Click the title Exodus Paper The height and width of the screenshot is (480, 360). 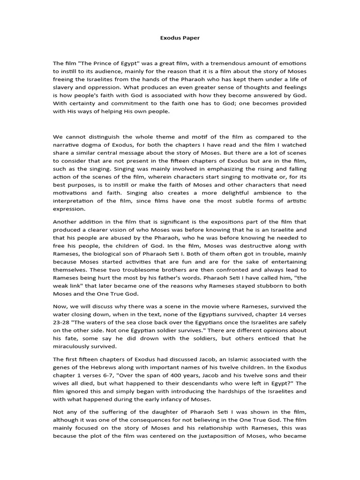pyautogui.click(x=180, y=38)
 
